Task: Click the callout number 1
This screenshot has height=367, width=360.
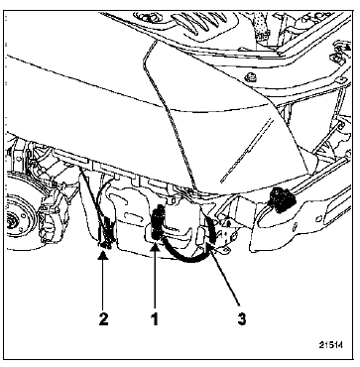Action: pyautogui.click(x=155, y=319)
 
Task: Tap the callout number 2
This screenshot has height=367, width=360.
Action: pyautogui.click(x=103, y=319)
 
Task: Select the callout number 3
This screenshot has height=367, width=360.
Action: pyautogui.click(x=242, y=319)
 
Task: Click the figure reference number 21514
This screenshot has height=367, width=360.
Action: pyautogui.click(x=330, y=345)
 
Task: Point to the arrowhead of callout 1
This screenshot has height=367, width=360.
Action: pyautogui.click(x=155, y=245)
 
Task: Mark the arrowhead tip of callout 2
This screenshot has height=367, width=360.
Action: pyautogui.click(x=103, y=251)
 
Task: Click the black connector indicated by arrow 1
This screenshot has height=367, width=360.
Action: pyautogui.click(x=159, y=221)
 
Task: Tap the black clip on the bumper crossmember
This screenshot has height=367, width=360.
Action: pyautogui.click(x=282, y=199)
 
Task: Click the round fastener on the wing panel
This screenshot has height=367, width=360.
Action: pyautogui.click(x=251, y=77)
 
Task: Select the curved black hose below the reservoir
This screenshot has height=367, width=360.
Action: pyautogui.click(x=185, y=260)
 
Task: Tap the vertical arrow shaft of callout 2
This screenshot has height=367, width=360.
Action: pyautogui.click(x=103, y=284)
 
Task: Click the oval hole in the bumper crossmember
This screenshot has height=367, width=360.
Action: pyautogui.click(x=318, y=218)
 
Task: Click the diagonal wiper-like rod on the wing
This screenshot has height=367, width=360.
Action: pyautogui.click(x=247, y=151)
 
